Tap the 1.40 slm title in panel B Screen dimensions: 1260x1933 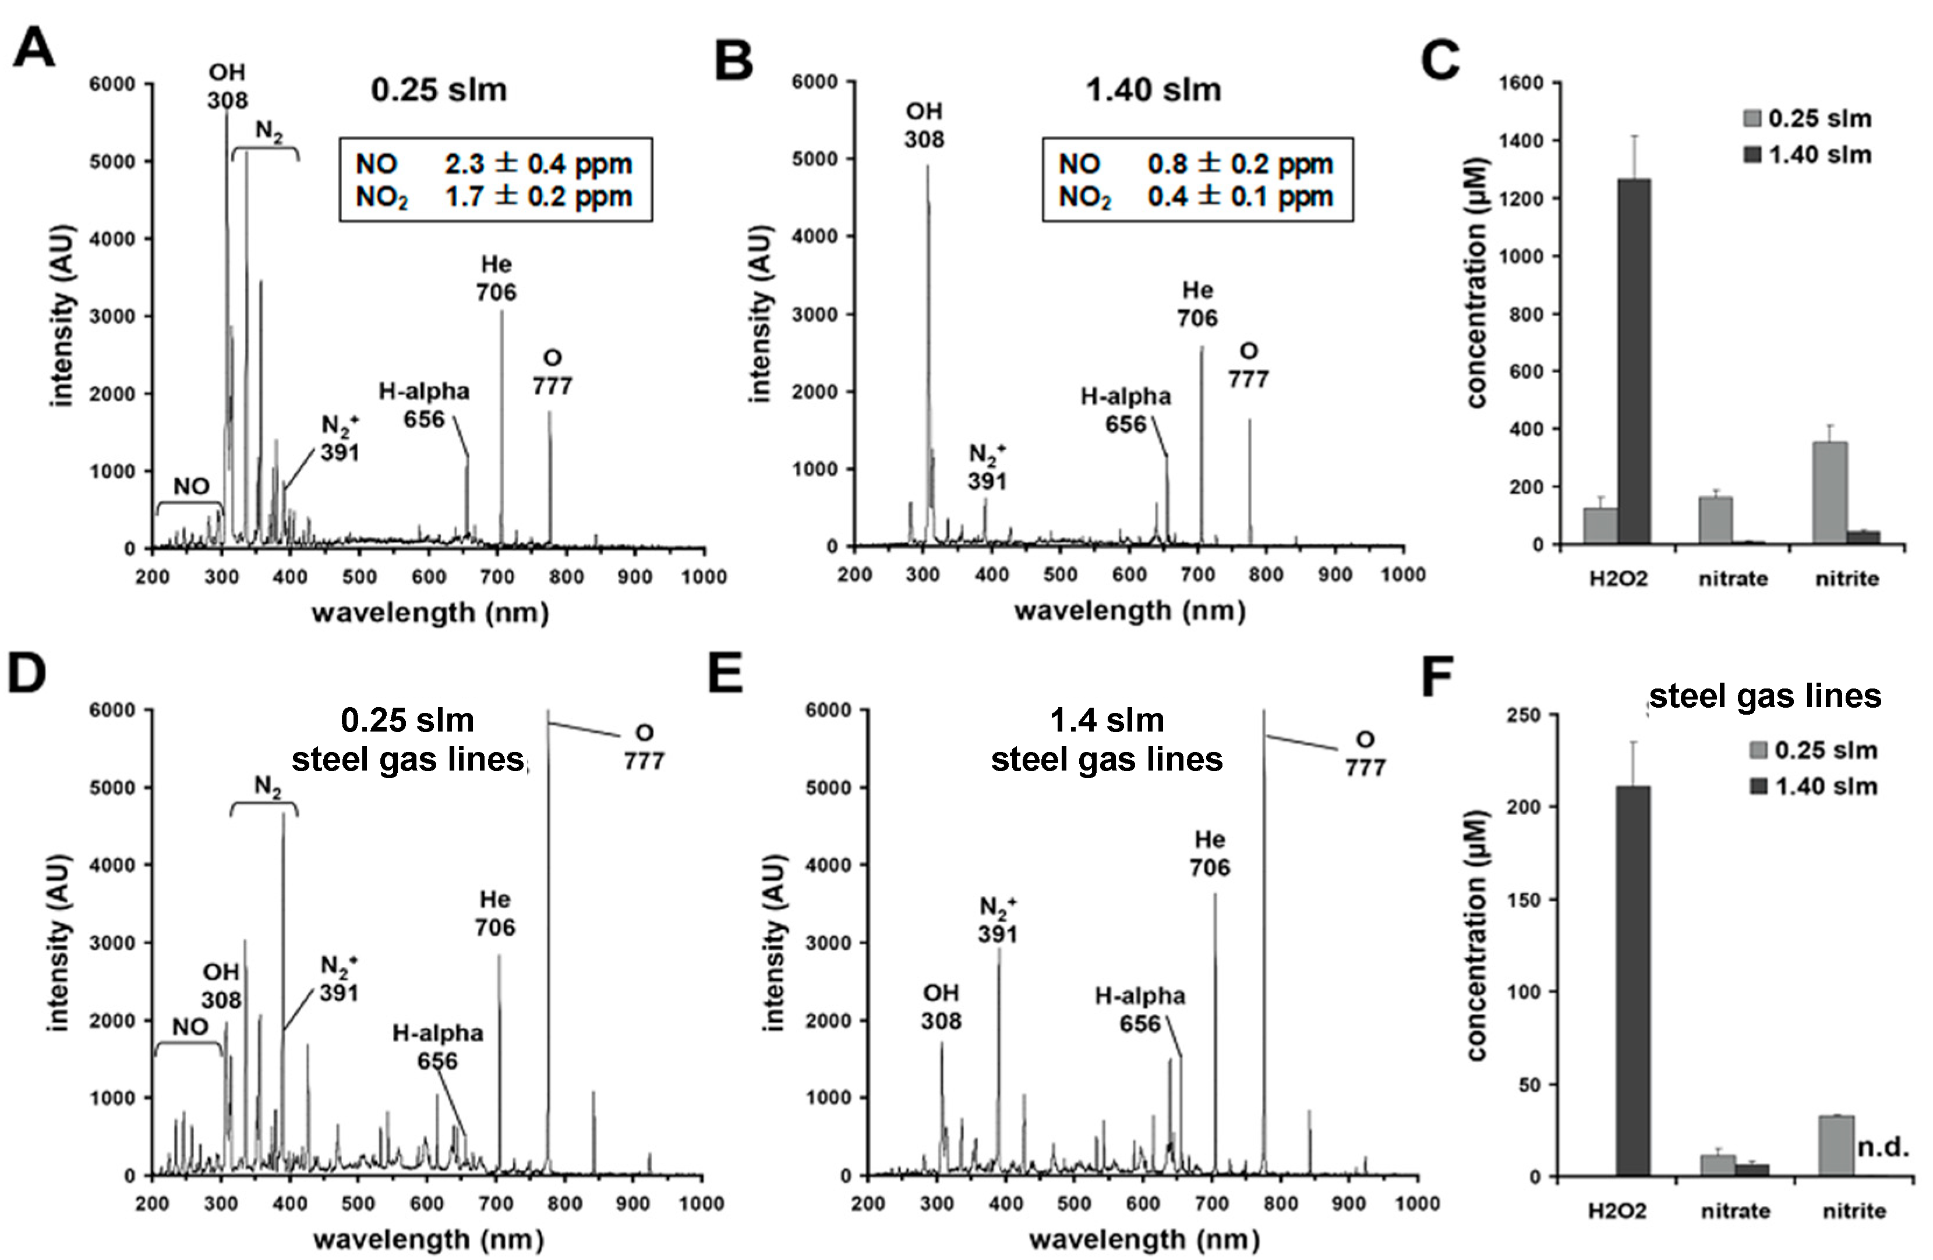(1153, 89)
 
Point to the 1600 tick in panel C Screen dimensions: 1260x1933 (1527, 83)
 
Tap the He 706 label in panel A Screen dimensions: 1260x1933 (496, 278)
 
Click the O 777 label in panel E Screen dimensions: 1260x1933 (1365, 754)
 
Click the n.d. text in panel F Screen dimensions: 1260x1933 (1883, 1147)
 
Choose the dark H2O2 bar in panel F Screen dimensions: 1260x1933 (1632, 980)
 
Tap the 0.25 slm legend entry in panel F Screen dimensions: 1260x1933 (1814, 750)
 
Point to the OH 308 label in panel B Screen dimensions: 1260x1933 (924, 126)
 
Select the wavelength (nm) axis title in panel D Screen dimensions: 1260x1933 (428, 1239)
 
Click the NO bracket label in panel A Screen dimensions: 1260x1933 (192, 487)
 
